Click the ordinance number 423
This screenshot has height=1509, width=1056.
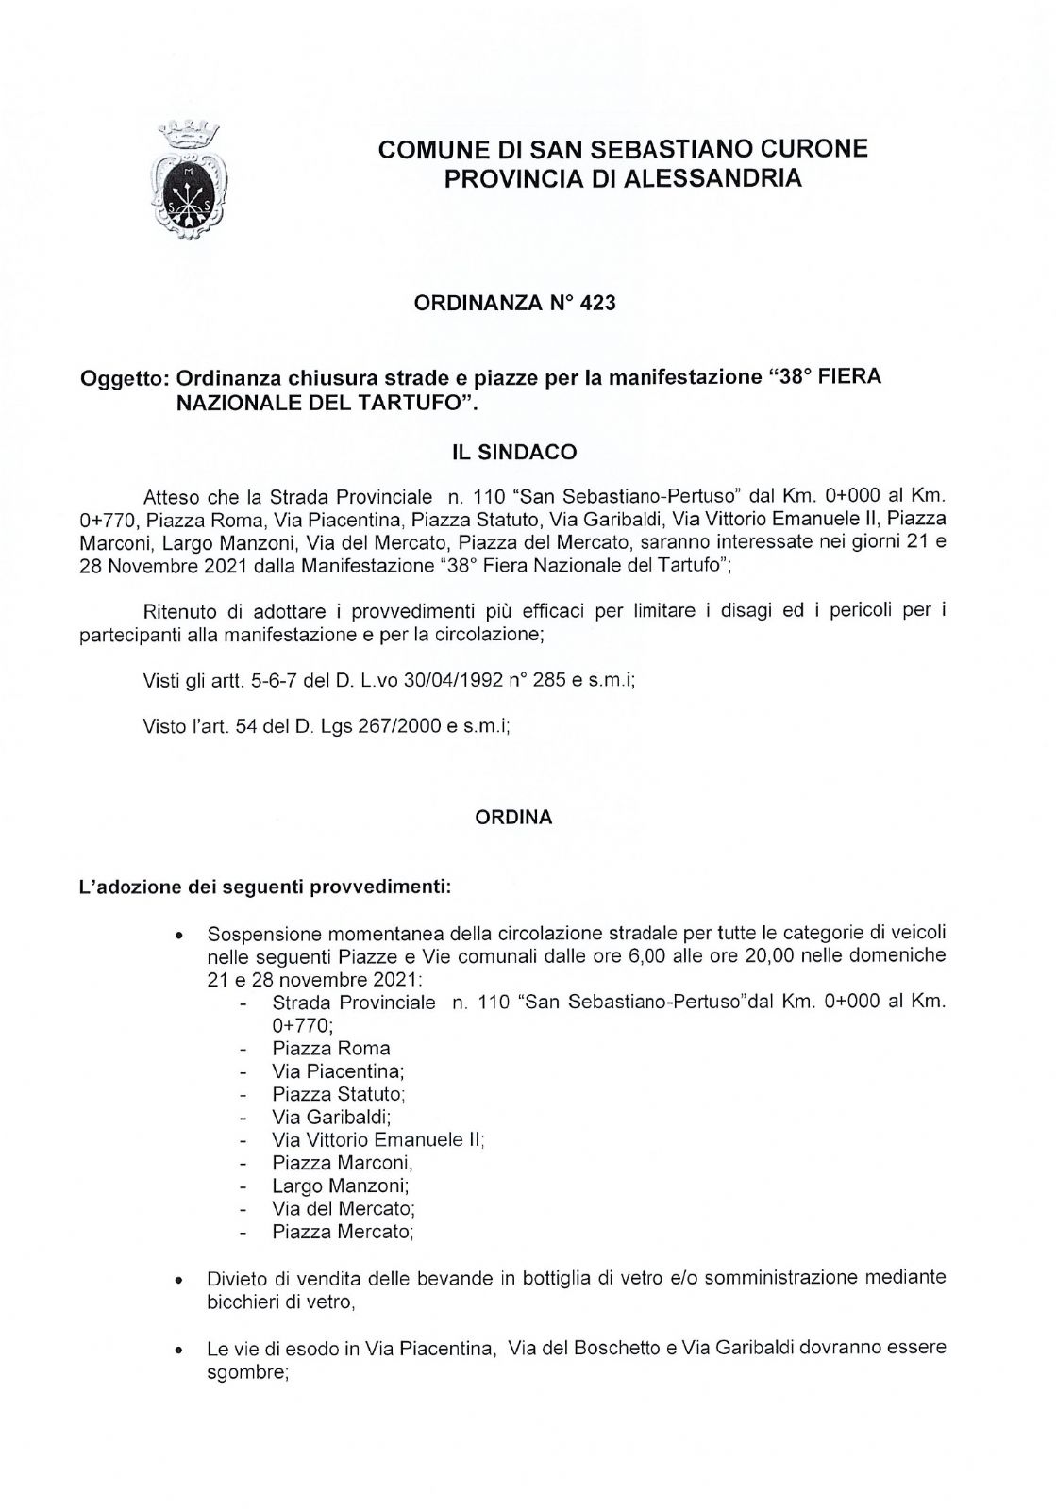point(600,303)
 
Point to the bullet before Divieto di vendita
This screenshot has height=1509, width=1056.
point(177,1283)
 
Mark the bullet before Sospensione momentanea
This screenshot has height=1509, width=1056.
point(177,937)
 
